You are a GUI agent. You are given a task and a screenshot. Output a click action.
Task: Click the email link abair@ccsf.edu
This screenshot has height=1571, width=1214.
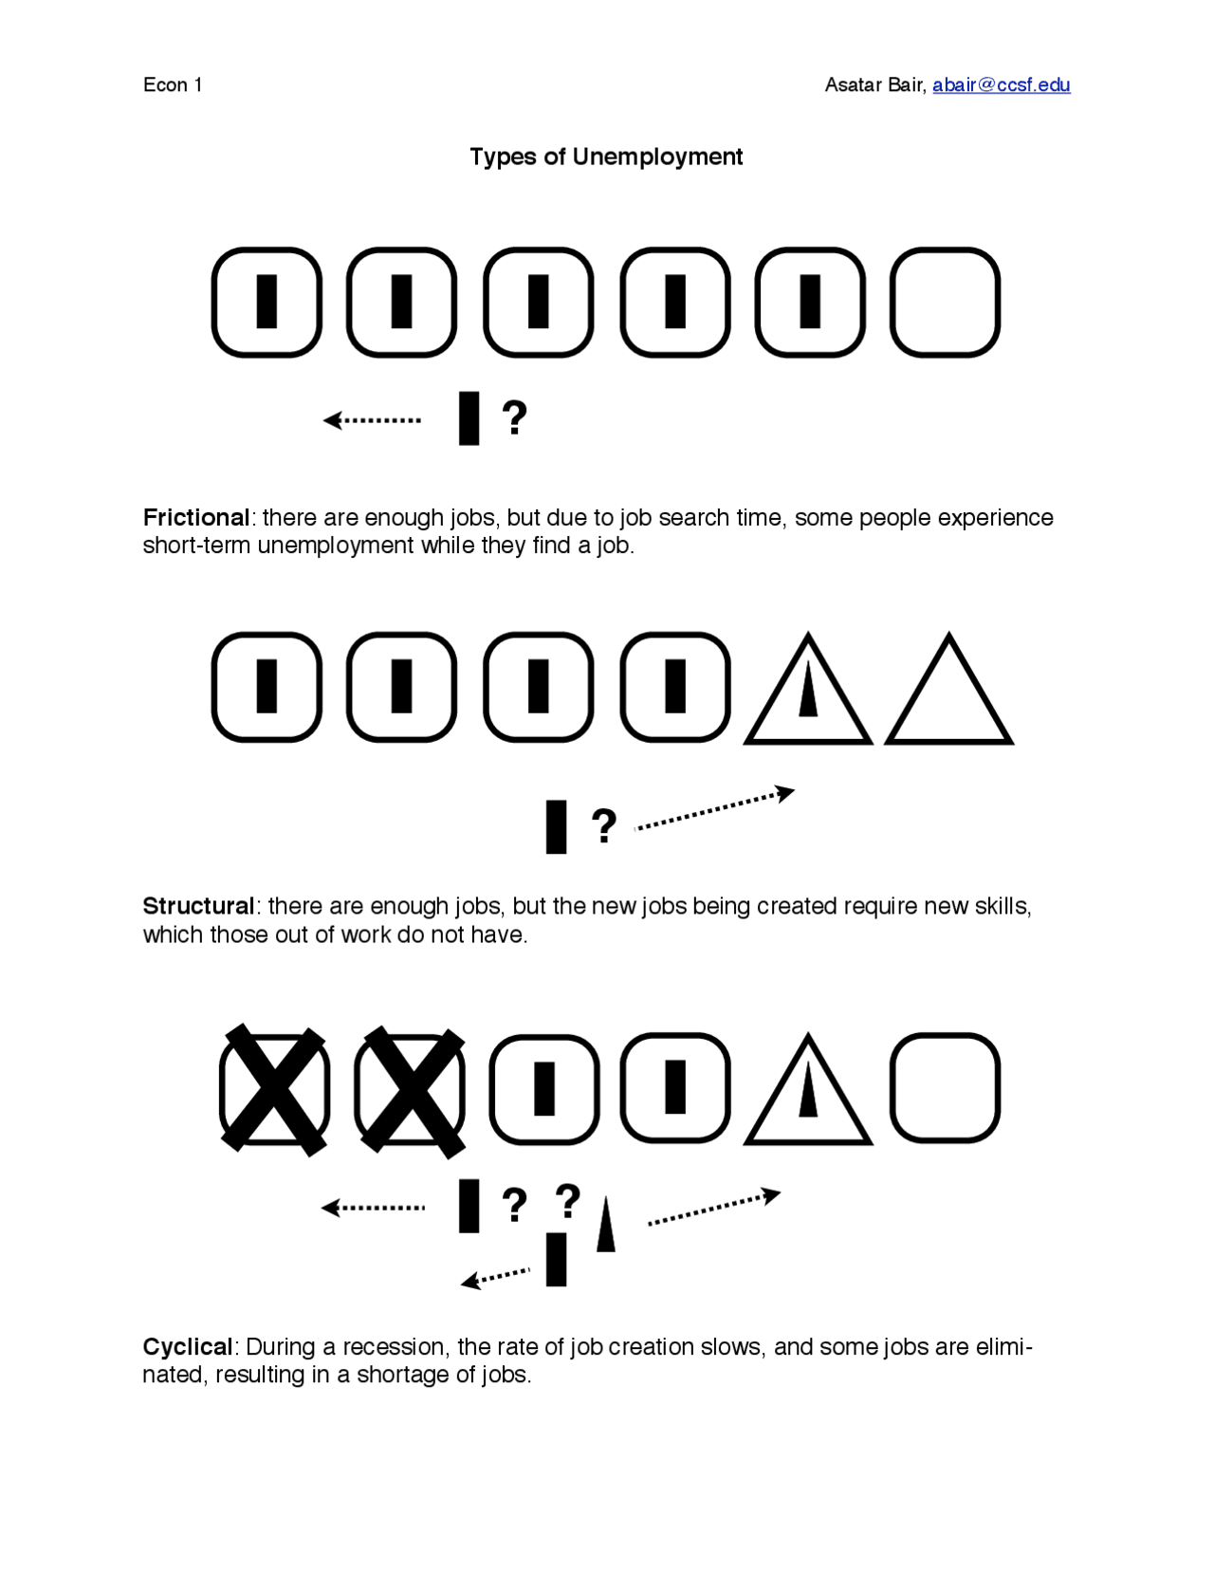tap(1001, 85)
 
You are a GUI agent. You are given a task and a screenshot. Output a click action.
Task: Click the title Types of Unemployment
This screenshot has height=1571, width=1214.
tap(606, 157)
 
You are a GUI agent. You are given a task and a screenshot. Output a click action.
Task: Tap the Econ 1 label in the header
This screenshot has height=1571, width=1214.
tap(173, 85)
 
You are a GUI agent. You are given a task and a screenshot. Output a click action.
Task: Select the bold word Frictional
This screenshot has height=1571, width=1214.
tap(196, 518)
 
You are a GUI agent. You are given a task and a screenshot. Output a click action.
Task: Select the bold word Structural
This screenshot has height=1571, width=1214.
tap(199, 906)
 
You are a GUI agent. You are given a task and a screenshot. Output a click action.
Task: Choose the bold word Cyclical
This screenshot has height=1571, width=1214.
tap(188, 1347)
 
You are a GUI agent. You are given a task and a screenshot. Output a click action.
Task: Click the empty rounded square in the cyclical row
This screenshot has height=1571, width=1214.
tap(946, 1035)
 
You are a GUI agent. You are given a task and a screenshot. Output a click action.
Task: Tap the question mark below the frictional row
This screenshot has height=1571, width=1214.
tap(514, 417)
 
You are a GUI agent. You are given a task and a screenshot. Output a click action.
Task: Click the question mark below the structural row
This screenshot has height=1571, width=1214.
tap(604, 825)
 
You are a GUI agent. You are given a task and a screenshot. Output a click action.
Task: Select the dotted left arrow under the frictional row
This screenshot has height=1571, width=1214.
tap(372, 420)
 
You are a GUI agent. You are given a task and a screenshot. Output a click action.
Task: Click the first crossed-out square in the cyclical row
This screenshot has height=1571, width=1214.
tap(275, 1090)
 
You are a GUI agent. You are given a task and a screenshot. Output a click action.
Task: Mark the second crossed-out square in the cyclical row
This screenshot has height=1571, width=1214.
tap(411, 1090)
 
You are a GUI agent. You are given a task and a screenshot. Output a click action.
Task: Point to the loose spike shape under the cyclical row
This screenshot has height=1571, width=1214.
tap(605, 1224)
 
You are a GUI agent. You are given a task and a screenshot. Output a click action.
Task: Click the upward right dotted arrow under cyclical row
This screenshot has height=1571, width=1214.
tap(714, 1207)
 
